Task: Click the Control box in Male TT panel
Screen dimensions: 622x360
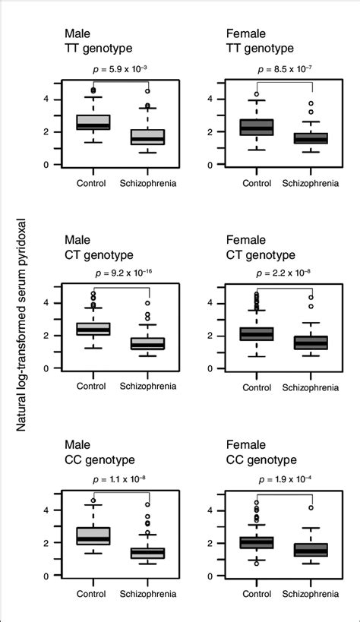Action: pyautogui.click(x=93, y=122)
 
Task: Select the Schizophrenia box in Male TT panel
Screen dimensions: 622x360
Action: pyautogui.click(x=147, y=137)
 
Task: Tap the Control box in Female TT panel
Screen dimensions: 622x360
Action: pyautogui.click(x=257, y=127)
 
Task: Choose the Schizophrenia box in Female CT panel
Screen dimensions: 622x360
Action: pyautogui.click(x=311, y=343)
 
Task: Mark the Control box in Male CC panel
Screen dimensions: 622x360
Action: pyautogui.click(x=93, y=535)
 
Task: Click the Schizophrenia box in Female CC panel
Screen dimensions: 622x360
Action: pyautogui.click(x=311, y=549)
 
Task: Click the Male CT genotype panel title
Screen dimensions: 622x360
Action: pyautogui.click(x=98, y=245)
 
